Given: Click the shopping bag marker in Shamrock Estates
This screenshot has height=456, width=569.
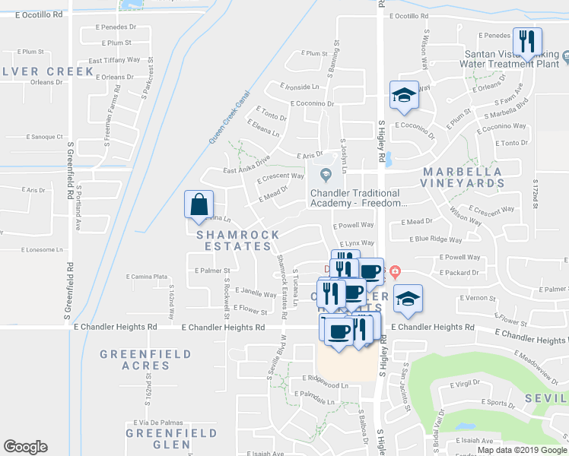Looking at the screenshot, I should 199,204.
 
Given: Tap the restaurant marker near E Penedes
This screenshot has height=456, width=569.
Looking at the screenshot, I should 527,42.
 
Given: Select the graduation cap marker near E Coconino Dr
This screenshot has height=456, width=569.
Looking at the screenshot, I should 404,94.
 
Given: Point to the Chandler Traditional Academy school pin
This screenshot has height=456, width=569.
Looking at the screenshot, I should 326,176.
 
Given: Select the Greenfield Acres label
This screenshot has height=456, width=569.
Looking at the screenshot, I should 135,359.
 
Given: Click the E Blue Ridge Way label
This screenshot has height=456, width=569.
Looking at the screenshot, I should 434,239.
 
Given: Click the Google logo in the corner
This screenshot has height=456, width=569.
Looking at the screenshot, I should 25,447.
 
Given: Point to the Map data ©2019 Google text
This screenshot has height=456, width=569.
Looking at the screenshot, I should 521,450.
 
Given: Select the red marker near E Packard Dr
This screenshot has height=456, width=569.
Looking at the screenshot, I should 395,271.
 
